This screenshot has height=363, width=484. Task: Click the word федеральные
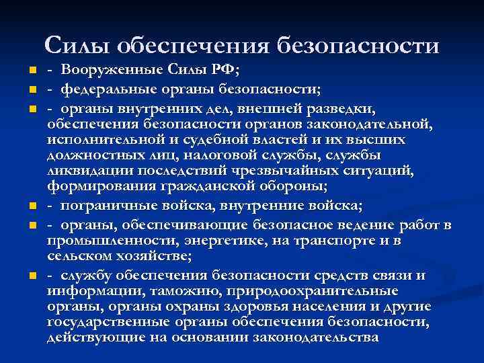[107, 89]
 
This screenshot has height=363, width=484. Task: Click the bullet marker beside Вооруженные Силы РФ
[33, 72]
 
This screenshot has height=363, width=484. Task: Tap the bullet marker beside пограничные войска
[33, 206]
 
